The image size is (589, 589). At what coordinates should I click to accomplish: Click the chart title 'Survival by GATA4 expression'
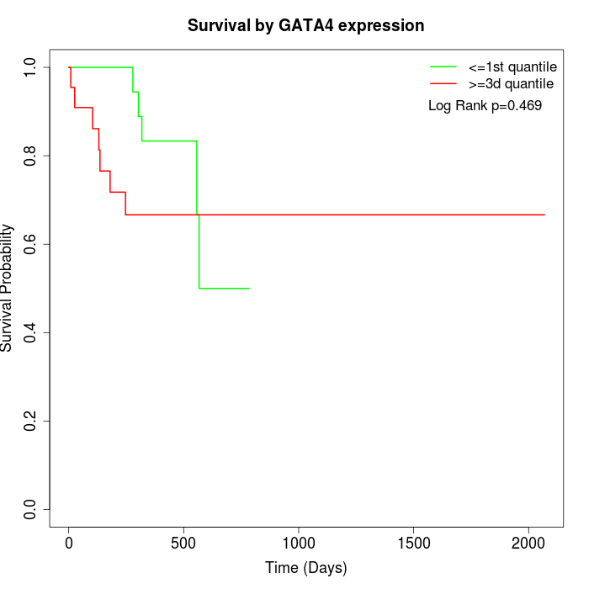305,25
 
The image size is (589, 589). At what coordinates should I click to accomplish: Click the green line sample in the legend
443,66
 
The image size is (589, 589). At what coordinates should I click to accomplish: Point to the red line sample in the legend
443,84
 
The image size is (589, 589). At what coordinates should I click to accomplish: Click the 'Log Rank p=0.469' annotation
485,106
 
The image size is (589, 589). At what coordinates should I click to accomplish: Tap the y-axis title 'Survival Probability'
8,288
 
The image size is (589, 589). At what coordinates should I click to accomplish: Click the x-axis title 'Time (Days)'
305,568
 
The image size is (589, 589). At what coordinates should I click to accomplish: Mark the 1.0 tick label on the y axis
31,66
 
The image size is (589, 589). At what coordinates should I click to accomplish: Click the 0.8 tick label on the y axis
31,156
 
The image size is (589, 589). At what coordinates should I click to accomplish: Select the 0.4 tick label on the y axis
31,332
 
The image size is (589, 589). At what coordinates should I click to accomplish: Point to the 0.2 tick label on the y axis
31,421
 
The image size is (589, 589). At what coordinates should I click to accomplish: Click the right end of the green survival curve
249,288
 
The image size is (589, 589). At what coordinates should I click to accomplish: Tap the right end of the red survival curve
544,215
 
